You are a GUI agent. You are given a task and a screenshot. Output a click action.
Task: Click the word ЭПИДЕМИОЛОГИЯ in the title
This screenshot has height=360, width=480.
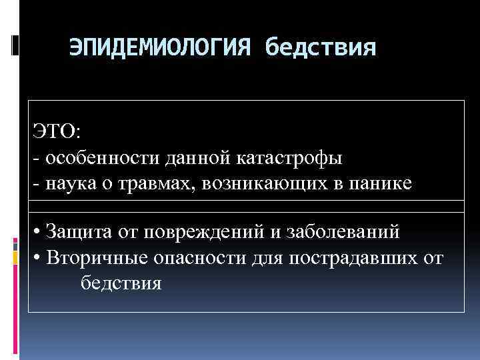coord(161,47)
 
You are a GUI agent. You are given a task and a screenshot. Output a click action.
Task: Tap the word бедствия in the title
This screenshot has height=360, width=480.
coord(320,47)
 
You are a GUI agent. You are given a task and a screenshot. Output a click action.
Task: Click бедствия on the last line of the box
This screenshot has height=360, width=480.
coord(120,283)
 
